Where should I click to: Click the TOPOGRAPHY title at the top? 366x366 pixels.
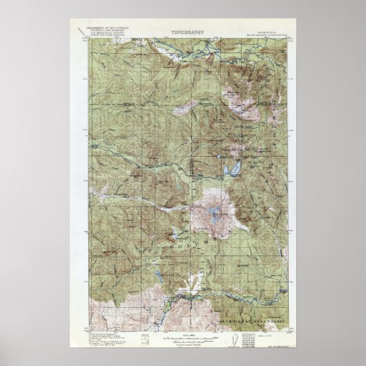(x=183, y=32)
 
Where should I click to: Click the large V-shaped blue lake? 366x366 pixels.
(x=232, y=167)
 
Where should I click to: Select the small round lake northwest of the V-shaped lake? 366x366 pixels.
(x=222, y=157)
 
